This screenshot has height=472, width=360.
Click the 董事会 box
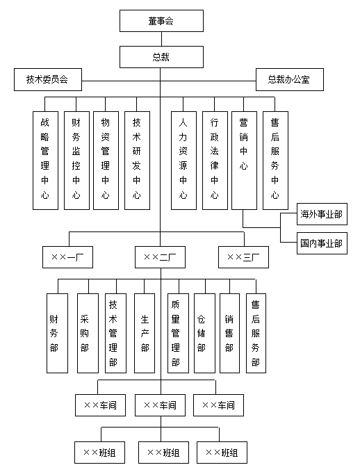[161, 21]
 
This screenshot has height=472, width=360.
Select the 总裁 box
[161, 56]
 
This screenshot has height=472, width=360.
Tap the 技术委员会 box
[48, 80]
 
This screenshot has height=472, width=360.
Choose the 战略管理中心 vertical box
[45, 160]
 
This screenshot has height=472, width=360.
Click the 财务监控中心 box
[76, 160]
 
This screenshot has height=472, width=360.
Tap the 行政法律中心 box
[215, 160]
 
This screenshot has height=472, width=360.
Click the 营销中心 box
[244, 160]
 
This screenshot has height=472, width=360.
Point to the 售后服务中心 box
[275, 160]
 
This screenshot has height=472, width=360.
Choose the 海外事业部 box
[320, 214]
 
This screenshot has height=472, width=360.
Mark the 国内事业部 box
[320, 243]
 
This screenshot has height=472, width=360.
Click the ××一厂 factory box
[67, 257]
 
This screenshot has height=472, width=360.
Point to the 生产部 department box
[144, 333]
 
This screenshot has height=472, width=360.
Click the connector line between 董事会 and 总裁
[161, 39]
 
